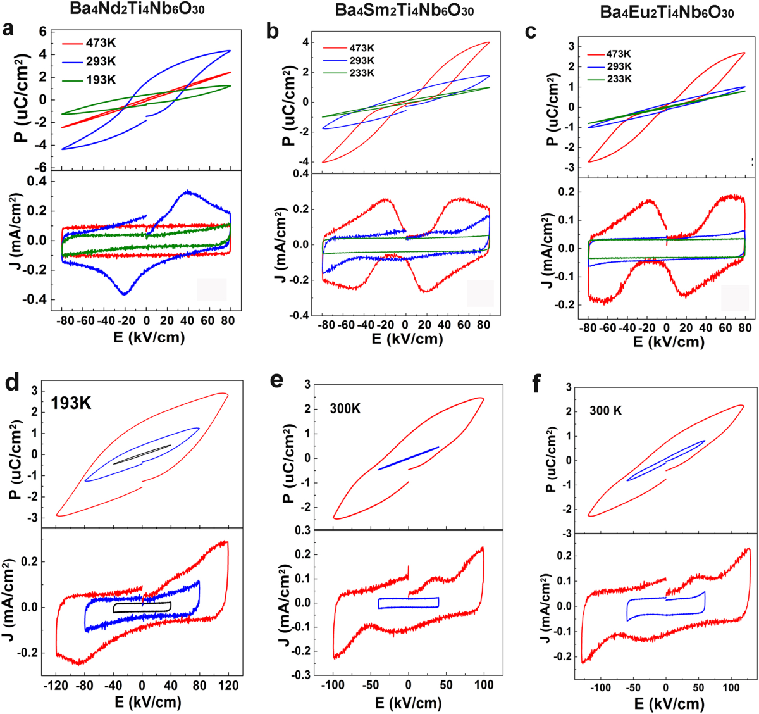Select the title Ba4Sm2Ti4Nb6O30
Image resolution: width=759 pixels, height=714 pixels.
coord(405,11)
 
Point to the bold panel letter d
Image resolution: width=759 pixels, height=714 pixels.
coord(11,384)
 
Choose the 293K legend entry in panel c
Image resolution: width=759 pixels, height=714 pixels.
coord(612,66)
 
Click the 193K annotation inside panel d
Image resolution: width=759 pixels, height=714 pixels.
coord(71,403)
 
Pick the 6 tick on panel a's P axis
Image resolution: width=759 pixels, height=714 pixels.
coord(43,32)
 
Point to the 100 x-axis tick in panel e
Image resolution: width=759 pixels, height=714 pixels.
coord(484,685)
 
